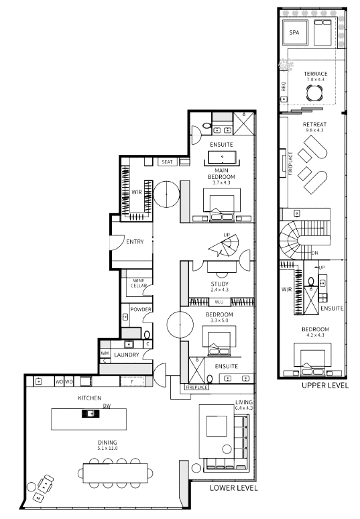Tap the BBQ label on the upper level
(x=284, y=86)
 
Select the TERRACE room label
(x=315, y=74)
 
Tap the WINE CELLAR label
(x=138, y=283)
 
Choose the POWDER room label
(x=141, y=310)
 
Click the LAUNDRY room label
(x=125, y=354)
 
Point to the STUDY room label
(x=219, y=284)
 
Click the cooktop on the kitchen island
(x=88, y=414)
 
